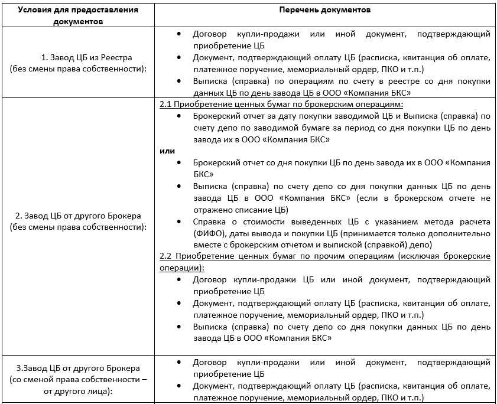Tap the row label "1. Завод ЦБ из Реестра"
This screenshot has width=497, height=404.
tap(86, 57)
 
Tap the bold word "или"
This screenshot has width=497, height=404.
tap(167, 151)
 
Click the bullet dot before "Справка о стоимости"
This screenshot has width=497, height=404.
tap(179, 221)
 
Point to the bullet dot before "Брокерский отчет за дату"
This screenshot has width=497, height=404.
tap(179, 116)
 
